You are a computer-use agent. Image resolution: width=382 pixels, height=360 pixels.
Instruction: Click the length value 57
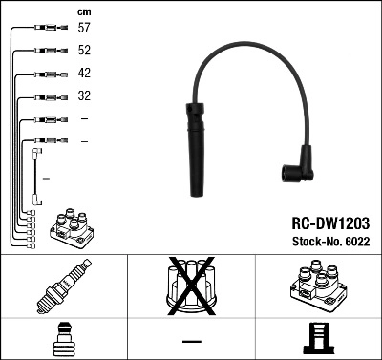[x=84, y=29]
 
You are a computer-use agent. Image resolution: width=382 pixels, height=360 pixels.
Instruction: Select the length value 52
[x=84, y=51]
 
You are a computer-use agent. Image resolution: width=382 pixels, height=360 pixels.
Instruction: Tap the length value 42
[x=84, y=73]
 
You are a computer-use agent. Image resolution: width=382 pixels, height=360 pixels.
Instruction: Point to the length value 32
[x=84, y=95]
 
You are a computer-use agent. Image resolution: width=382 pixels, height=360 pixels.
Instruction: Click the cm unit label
[x=84, y=11]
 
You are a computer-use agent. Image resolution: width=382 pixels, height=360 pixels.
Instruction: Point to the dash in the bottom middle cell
[x=192, y=340]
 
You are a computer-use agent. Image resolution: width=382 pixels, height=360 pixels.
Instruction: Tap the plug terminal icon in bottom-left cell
[x=63, y=339]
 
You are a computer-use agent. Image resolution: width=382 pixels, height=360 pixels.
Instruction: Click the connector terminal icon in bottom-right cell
[x=318, y=339]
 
